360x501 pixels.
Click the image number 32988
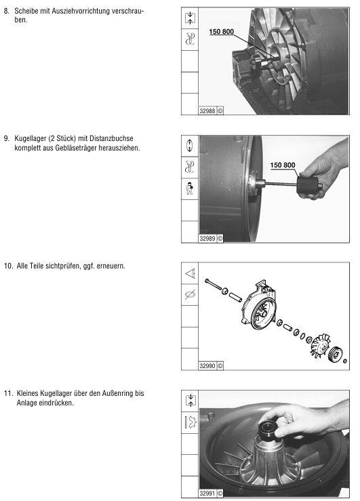tap(207, 111)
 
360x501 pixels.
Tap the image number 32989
tap(207, 239)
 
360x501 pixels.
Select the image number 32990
tap(207, 366)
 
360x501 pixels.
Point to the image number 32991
tap(207, 494)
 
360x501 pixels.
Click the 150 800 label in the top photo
tap(222, 32)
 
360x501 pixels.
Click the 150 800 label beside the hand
tap(283, 165)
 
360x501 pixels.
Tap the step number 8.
tap(7, 11)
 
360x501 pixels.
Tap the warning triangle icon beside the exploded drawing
tap(190, 273)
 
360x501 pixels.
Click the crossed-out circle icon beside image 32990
tap(190, 295)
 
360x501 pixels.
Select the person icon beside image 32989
tap(190, 188)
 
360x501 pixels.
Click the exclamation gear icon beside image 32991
tap(191, 422)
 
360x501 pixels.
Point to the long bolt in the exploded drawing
tap(214, 285)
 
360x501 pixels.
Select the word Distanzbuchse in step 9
tap(111, 139)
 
